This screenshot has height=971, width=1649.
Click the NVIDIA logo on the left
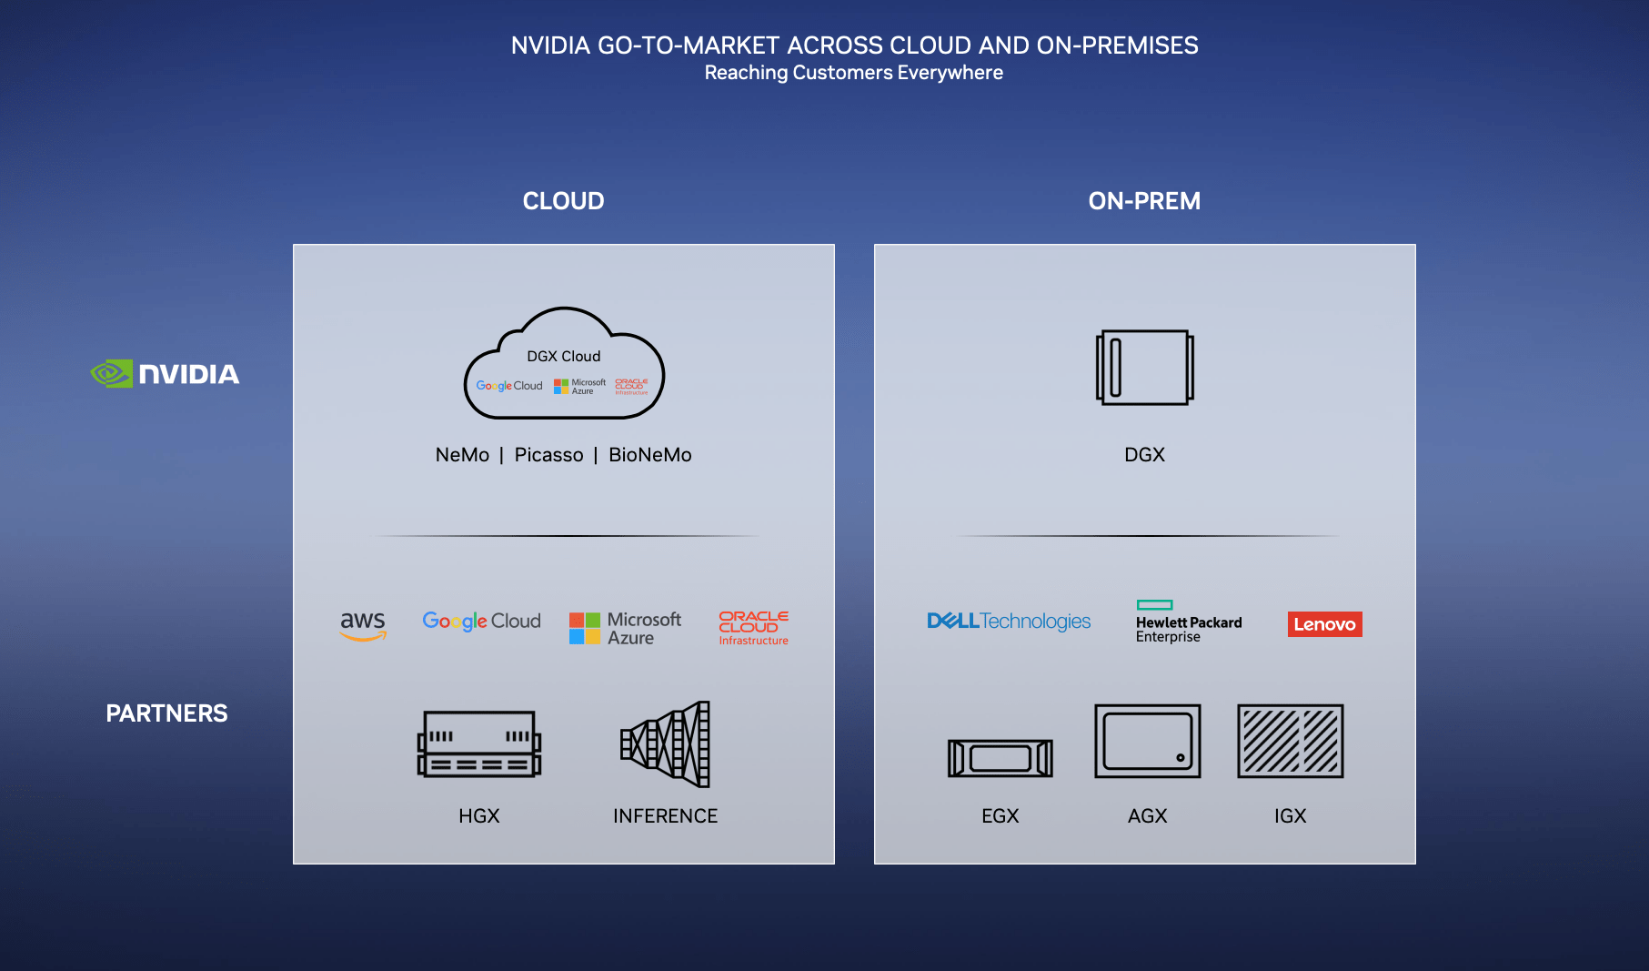tap(166, 374)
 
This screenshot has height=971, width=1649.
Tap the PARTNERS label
tap(166, 713)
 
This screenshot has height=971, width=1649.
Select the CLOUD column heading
tap(563, 201)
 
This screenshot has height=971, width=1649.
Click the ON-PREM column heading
tap(1144, 201)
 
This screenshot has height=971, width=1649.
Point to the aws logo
tap(363, 624)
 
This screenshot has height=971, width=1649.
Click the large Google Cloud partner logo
tap(481, 621)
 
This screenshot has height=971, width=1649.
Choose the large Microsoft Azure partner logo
tap(625, 628)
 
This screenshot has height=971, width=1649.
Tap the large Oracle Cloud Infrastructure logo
tap(753, 628)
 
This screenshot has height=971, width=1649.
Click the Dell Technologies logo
tap(1008, 621)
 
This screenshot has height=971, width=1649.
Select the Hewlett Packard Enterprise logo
tap(1188, 622)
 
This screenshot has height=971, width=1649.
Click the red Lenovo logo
tap(1324, 624)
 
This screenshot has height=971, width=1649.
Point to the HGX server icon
tap(479, 743)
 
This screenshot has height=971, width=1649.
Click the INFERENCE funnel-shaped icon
tap(666, 744)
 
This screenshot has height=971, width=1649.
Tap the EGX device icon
tap(1000, 757)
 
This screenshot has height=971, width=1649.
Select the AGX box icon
tap(1147, 741)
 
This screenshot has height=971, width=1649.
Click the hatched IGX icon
tap(1290, 741)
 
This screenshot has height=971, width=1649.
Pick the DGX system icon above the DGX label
tap(1144, 368)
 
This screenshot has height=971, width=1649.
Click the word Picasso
tap(548, 455)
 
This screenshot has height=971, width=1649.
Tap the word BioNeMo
tap(649, 455)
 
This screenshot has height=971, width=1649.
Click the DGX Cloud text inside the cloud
tap(563, 357)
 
